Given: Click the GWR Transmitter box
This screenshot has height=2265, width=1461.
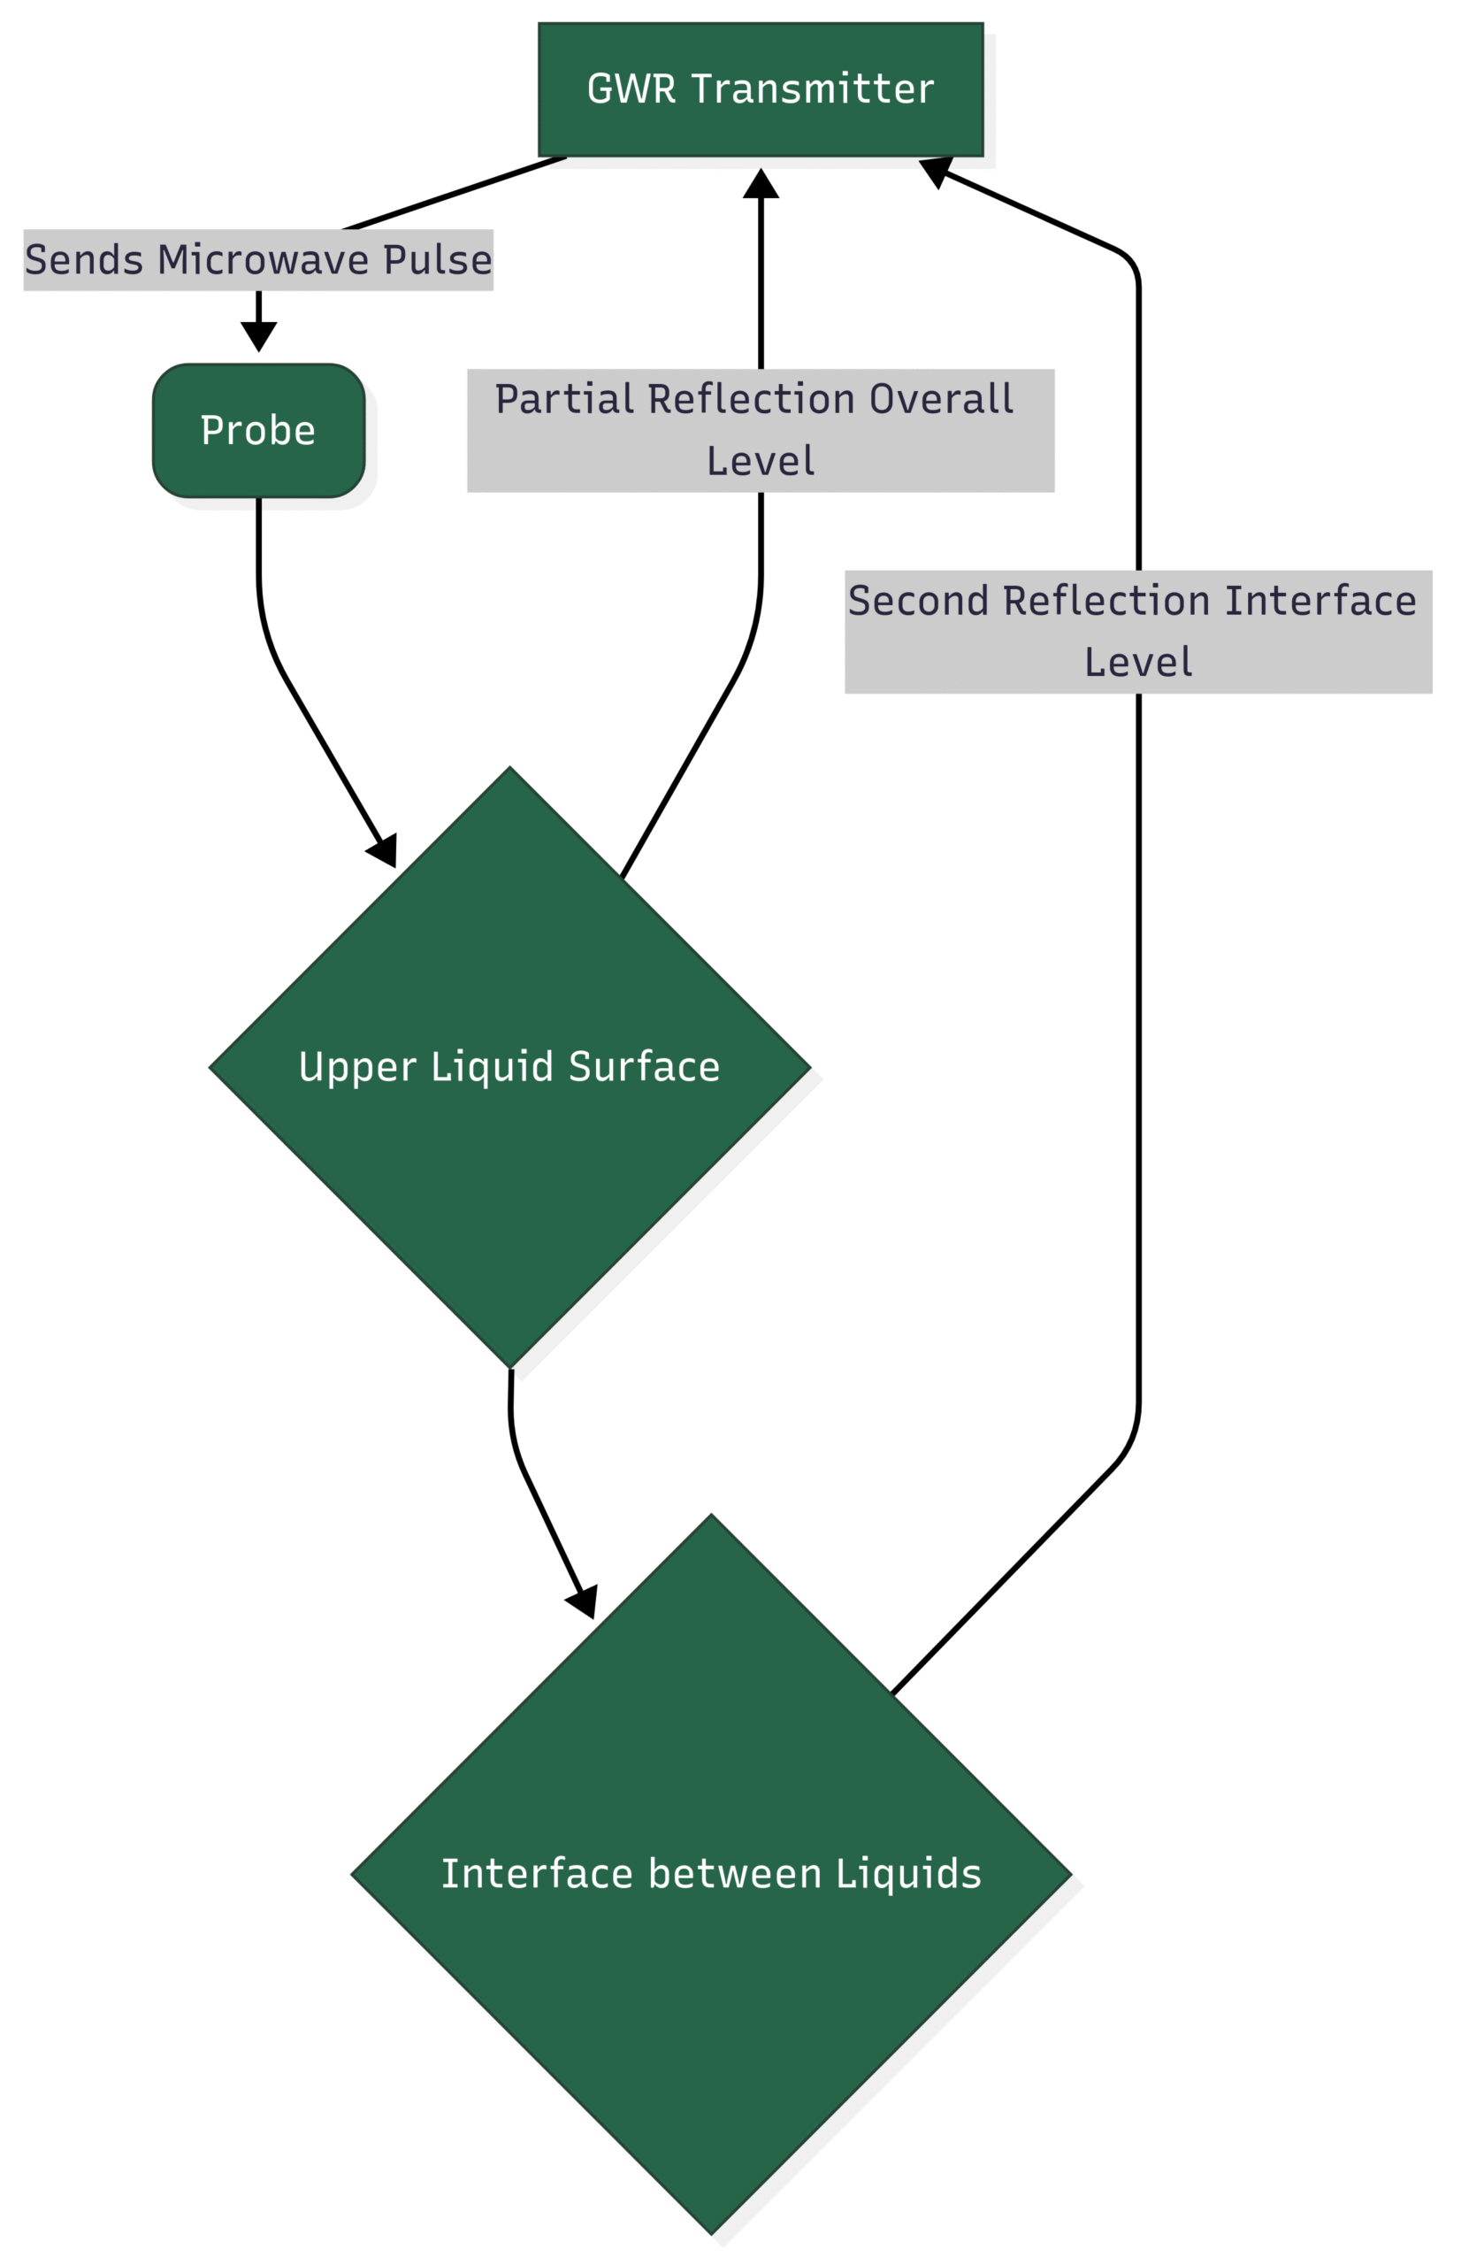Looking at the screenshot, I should pyautogui.click(x=760, y=89).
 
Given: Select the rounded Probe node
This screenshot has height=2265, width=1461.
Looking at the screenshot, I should pyautogui.click(x=258, y=431).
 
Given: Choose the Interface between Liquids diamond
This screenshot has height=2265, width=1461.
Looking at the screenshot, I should pyautogui.click(x=710, y=1874).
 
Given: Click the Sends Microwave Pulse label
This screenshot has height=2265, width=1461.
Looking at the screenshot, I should pyautogui.click(x=258, y=260).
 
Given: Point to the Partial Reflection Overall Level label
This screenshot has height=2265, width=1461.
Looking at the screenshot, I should pyautogui.click(x=760, y=430).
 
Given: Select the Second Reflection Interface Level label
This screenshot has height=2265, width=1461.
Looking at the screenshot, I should pyautogui.click(x=1137, y=632).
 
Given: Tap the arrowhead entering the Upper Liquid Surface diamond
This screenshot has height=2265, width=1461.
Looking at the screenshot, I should pyautogui.click(x=384, y=851).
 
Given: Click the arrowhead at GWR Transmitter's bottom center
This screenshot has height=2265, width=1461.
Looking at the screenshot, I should pyautogui.click(x=761, y=184).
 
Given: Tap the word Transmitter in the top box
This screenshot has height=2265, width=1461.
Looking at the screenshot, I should pyautogui.click(x=812, y=89).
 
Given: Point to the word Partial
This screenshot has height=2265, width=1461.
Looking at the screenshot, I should pyautogui.click(x=563, y=400).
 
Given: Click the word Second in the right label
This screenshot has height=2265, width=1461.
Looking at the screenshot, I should pyautogui.click(x=917, y=602).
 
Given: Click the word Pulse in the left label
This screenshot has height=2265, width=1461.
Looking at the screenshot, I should pyautogui.click(x=438, y=260).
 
